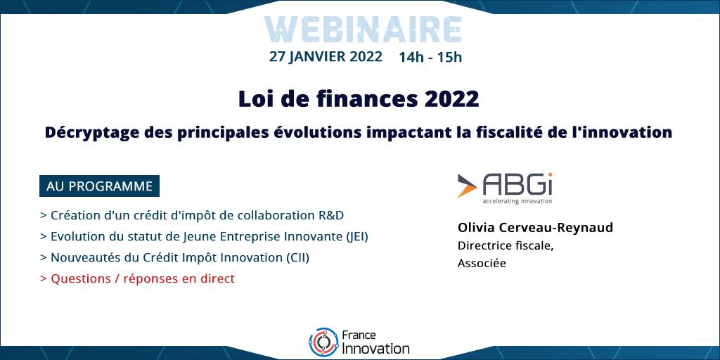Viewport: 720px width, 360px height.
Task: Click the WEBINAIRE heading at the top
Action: (363, 30)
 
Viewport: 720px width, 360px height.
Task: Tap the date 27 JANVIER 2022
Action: (326, 56)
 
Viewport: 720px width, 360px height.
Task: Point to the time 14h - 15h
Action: (430, 57)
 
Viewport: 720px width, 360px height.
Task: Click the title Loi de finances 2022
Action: (359, 99)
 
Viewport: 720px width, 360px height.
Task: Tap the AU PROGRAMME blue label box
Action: (99, 186)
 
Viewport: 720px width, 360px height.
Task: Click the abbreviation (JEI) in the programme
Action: (356, 237)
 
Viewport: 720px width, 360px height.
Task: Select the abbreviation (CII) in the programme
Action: (297, 257)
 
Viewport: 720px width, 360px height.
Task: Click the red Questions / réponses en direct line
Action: (137, 278)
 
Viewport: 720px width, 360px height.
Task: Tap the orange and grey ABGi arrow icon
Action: (468, 186)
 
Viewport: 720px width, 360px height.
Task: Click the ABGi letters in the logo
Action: (517, 185)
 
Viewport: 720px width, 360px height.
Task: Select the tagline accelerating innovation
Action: (517, 200)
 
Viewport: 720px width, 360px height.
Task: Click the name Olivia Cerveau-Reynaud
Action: (535, 228)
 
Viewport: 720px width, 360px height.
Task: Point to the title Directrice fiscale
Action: (506, 245)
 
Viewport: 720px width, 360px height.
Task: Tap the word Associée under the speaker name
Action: (482, 264)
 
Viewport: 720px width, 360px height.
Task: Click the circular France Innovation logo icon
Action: (323, 342)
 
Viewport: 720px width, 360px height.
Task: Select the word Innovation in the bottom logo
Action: (376, 349)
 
